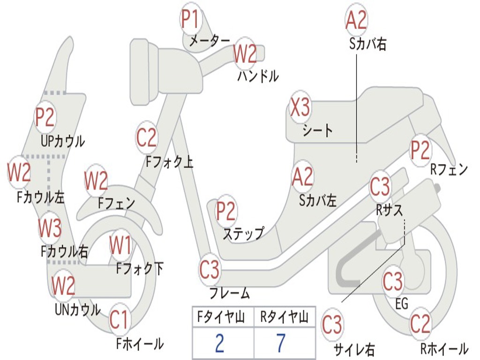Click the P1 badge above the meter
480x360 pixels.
click(x=191, y=19)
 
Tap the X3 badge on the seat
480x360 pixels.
click(x=300, y=107)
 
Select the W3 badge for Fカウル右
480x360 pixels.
click(x=50, y=228)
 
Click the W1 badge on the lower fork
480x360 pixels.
click(x=120, y=245)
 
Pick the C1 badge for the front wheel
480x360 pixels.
click(x=119, y=320)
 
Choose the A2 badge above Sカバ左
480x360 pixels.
click(x=303, y=177)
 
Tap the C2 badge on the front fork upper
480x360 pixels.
click(x=147, y=138)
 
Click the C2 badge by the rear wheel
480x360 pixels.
click(x=420, y=323)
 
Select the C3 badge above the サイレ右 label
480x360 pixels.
click(x=332, y=324)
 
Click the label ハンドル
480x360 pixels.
click(x=258, y=75)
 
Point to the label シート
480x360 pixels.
click(x=317, y=130)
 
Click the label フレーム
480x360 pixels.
click(x=229, y=293)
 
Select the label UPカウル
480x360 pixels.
click(x=63, y=142)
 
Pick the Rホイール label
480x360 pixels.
click(x=444, y=348)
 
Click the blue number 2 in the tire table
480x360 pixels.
click(x=220, y=343)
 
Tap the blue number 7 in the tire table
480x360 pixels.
click(x=281, y=343)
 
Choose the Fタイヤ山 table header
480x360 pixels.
click(x=221, y=317)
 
